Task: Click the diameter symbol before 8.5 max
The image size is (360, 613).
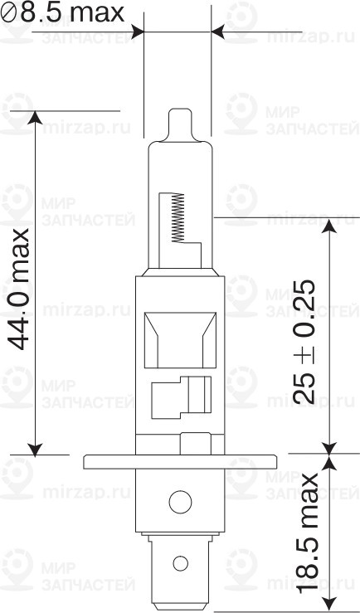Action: pos(10,13)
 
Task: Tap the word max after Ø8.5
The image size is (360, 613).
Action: pos(96,12)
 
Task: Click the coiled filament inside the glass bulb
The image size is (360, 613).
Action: pos(175,218)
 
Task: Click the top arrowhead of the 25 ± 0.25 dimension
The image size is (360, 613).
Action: pos(330,224)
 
